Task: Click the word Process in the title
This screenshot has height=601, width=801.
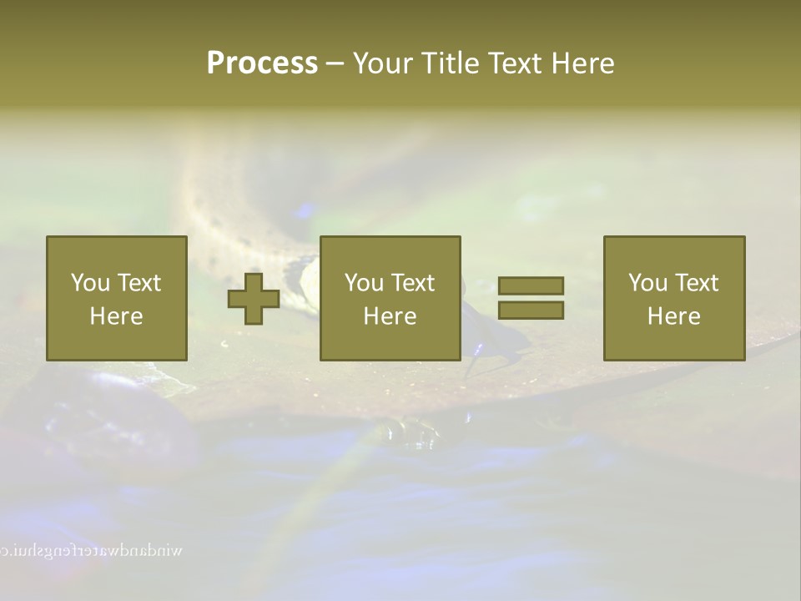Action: coord(262,63)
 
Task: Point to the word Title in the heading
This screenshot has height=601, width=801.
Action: coord(448,63)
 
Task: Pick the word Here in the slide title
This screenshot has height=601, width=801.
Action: coord(582,63)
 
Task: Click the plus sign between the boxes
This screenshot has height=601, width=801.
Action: coord(254,298)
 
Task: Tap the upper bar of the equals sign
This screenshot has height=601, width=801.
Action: coord(531,285)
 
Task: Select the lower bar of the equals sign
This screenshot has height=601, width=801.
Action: coord(531,310)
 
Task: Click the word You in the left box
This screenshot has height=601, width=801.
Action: coord(91,283)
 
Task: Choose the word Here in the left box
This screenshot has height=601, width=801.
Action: coord(116,316)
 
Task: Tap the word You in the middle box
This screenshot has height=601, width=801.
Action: coord(365,283)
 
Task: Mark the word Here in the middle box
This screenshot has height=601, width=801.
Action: coord(390,316)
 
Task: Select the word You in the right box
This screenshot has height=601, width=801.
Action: coord(648,283)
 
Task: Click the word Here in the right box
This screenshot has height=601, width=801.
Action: coord(673,316)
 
